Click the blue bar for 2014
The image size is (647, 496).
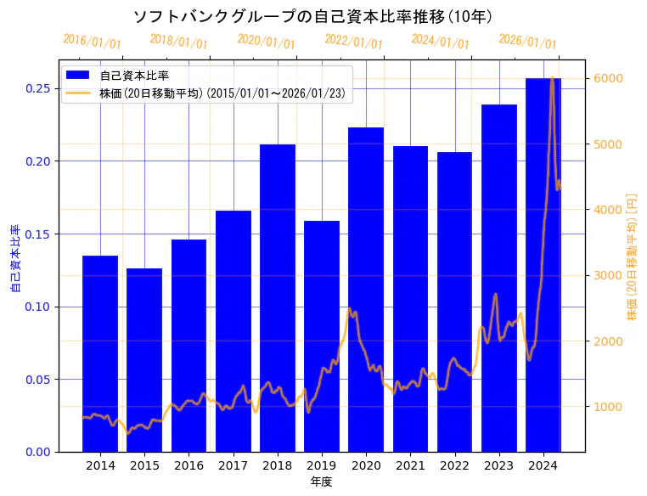point(100,353)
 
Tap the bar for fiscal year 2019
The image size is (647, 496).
point(322,336)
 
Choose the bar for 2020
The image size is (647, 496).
point(366,289)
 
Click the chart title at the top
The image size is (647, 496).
point(313,16)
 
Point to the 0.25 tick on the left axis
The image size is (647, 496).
point(38,88)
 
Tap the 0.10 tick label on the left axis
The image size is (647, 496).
point(38,307)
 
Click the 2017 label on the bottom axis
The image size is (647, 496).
point(233,465)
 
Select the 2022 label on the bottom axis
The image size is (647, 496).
point(454,465)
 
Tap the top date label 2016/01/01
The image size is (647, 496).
point(93,42)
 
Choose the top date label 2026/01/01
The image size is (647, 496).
point(527,42)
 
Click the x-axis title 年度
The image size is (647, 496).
point(321,482)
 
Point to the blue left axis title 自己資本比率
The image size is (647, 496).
point(14,258)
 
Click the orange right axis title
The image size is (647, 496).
point(632,256)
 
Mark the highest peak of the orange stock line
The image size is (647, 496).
point(552,78)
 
